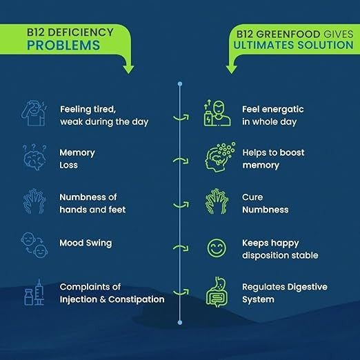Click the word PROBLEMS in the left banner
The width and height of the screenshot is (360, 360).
click(63, 45)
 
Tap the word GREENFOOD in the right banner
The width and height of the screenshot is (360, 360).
click(288, 34)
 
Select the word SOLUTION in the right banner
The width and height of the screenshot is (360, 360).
click(326, 45)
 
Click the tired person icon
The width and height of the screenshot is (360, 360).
click(34, 113)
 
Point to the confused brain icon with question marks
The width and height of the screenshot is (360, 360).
click(34, 157)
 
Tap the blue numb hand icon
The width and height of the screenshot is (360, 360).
click(34, 201)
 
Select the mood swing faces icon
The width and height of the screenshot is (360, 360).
click(34, 245)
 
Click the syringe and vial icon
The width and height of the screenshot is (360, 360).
click(34, 292)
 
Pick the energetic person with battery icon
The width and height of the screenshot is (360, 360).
click(217, 113)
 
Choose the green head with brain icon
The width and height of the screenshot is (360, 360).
click(220, 157)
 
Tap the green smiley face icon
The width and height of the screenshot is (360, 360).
click(217, 248)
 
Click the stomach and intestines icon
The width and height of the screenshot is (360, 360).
click(217, 292)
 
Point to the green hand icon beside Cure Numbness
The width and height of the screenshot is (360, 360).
click(217, 201)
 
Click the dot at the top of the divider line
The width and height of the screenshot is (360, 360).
click(180, 84)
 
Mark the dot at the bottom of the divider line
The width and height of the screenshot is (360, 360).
click(180, 323)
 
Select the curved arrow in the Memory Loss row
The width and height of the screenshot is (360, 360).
click(181, 160)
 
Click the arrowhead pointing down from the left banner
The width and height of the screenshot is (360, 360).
click(128, 69)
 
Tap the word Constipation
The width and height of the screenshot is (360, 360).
click(137, 299)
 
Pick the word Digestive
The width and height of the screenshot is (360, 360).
click(308, 287)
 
